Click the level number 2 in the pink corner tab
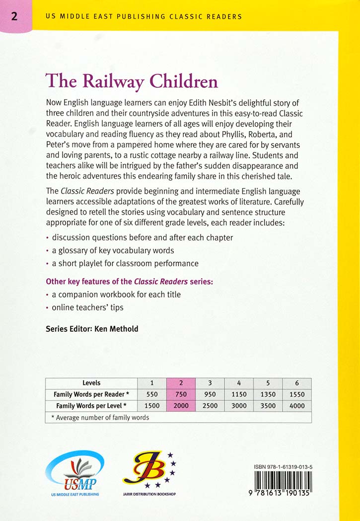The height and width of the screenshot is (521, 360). tap(14, 16)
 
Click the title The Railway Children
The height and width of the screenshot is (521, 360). tap(132, 80)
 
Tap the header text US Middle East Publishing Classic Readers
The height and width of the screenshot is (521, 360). tap(144, 16)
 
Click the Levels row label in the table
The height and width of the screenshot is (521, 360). tap(91, 383)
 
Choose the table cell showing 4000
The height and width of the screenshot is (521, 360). tap(297, 406)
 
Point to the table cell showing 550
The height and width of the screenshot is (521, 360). tap(151, 394)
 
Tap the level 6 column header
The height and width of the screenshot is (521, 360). tap(297, 383)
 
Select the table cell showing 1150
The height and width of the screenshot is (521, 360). tap(239, 394)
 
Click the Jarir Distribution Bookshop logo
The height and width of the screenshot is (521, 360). tap(149, 472)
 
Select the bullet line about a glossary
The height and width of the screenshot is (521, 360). tap(113, 250)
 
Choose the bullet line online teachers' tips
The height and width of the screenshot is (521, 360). tap(87, 307)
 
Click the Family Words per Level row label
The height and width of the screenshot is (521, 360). tap(91, 406)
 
